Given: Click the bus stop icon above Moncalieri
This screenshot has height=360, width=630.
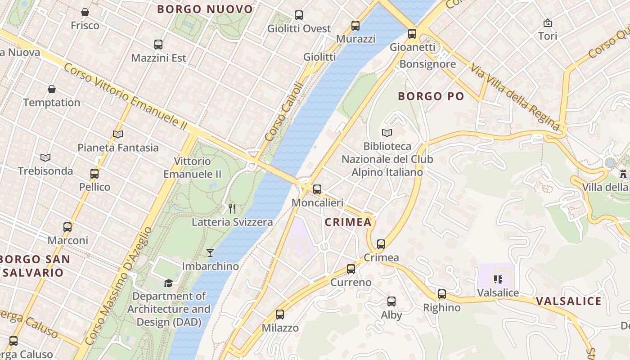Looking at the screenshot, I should (317, 189).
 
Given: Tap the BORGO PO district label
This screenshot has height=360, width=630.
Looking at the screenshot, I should (431, 96).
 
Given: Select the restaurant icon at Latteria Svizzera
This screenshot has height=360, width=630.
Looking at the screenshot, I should (232, 208).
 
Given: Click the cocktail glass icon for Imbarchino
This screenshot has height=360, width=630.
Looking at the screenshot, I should (210, 252).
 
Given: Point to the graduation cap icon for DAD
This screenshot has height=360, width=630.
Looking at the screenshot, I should (168, 283).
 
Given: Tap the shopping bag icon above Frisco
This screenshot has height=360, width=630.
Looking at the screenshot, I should (85, 12).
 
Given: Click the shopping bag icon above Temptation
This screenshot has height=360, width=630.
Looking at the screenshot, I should (52, 89).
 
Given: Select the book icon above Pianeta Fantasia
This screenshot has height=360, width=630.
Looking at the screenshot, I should (118, 134).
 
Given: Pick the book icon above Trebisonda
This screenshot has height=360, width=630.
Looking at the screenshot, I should (45, 157).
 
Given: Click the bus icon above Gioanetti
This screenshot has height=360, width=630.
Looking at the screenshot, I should (412, 33).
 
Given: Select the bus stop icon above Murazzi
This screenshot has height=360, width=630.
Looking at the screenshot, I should (355, 25).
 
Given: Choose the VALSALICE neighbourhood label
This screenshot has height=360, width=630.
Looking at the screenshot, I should (568, 301).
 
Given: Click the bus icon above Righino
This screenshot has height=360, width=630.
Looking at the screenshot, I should (442, 294).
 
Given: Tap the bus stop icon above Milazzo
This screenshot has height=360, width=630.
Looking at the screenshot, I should (280, 314).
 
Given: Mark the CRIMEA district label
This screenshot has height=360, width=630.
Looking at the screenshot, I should (348, 222).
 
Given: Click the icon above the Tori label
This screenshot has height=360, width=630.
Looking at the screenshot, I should (548, 22).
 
